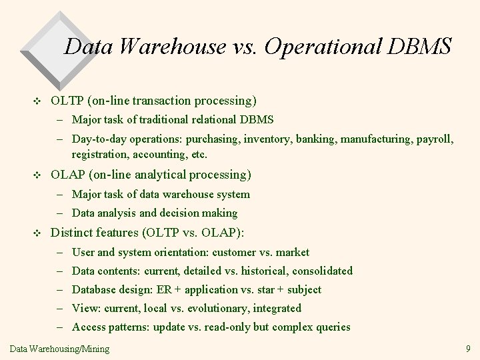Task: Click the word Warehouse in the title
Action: point(171,47)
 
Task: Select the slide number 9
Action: point(467,348)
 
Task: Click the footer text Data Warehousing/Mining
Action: point(60,348)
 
